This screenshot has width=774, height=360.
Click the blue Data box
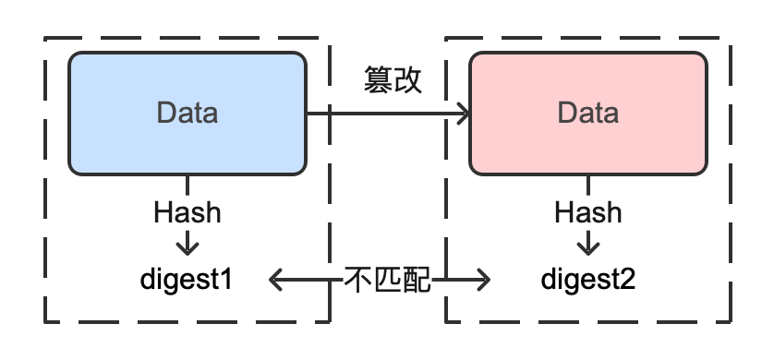(187, 113)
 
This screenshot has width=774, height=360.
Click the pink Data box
(587, 113)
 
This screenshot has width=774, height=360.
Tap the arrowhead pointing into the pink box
(462, 114)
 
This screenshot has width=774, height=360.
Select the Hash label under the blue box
(187, 212)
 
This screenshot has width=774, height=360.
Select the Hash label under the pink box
(588, 212)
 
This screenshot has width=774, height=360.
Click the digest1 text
(187, 277)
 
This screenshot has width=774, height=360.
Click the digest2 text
(588, 277)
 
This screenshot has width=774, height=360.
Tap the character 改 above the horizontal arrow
(407, 81)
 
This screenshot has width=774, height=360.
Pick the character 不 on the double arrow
(358, 278)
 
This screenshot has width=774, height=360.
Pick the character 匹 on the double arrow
(387, 278)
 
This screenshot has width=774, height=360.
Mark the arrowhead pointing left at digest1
(276, 278)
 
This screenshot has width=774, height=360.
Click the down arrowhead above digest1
(187, 246)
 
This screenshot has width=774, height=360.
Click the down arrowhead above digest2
(588, 246)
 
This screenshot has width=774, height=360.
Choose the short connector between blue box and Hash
(187, 184)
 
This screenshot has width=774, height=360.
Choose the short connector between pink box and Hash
(588, 184)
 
